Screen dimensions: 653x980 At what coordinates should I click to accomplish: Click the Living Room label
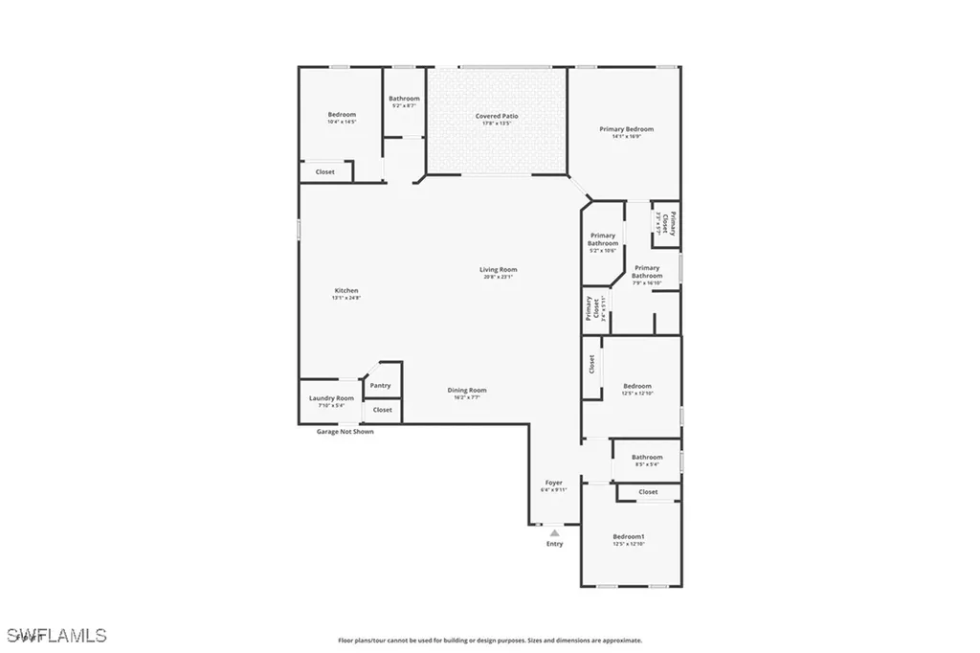[x=498, y=269]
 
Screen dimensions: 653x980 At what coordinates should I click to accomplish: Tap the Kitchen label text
[x=345, y=290]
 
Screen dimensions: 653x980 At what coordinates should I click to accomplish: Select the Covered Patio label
[x=497, y=116]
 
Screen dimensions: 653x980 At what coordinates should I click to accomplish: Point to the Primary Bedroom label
[x=626, y=128]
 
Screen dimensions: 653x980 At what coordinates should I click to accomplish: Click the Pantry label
[x=380, y=385]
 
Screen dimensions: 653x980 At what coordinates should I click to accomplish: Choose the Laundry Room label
[x=331, y=397]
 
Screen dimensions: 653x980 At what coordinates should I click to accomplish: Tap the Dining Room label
[x=467, y=390]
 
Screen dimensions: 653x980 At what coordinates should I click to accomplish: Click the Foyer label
[x=553, y=482]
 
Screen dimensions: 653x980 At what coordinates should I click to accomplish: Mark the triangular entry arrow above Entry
[x=554, y=532]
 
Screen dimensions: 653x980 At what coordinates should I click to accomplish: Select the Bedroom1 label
[x=629, y=536]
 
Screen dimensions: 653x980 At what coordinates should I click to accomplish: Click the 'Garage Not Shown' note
[x=345, y=432]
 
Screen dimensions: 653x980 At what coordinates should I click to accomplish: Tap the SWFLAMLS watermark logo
[x=57, y=635]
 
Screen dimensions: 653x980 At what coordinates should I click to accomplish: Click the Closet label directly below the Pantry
[x=382, y=410]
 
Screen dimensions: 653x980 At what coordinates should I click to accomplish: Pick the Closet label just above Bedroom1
[x=648, y=492]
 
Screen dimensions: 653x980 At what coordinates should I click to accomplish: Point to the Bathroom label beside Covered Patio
[x=404, y=98]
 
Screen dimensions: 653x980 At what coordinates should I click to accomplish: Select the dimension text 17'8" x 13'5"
[x=497, y=124]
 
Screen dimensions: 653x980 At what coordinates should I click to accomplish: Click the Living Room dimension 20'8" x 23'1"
[x=498, y=277]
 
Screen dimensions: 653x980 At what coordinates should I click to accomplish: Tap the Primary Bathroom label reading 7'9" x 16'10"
[x=647, y=282]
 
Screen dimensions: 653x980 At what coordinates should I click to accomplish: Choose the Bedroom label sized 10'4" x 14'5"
[x=342, y=122]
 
